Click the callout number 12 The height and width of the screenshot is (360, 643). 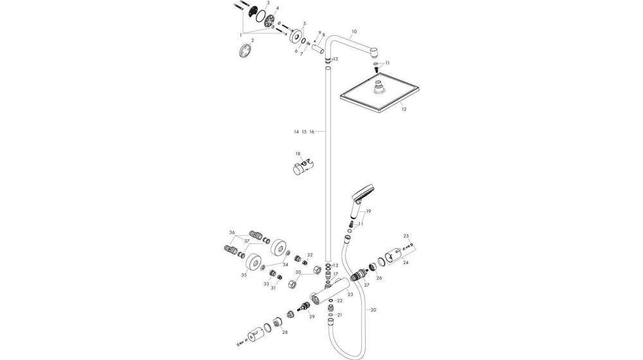(404, 109)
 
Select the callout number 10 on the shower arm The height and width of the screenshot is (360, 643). (354, 31)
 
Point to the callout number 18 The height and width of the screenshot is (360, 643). (298, 154)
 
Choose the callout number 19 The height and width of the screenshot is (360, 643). (369, 211)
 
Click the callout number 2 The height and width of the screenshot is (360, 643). (253, 40)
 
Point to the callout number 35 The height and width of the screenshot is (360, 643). (244, 274)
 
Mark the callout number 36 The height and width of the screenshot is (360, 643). (231, 232)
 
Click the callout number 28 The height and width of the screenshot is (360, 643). (285, 332)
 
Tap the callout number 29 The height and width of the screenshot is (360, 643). (312, 317)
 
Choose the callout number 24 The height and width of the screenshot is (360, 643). (405, 262)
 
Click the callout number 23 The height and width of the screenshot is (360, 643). (350, 294)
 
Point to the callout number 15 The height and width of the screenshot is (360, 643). (303, 131)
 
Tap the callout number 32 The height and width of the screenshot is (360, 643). (309, 255)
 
